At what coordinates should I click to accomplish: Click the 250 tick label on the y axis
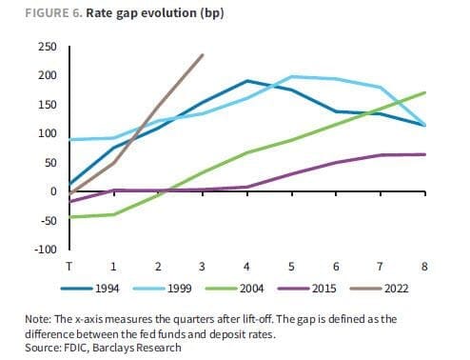pyautogui.click(x=48, y=47)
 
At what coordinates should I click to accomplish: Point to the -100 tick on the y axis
pyautogui.click(x=46, y=250)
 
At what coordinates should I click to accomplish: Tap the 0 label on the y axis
pyautogui.click(x=53, y=191)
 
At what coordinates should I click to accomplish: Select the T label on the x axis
pyautogui.click(x=69, y=266)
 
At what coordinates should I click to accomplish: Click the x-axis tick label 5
pyautogui.click(x=291, y=266)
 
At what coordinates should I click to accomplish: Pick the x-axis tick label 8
pyautogui.click(x=424, y=266)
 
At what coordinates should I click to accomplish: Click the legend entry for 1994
pyautogui.click(x=90, y=289)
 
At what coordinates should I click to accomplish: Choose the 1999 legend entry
pyautogui.click(x=163, y=289)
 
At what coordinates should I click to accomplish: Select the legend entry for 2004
pyautogui.click(x=235, y=289)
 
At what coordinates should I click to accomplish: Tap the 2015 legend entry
pyautogui.click(x=307, y=289)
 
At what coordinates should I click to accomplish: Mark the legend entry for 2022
pyautogui.click(x=380, y=289)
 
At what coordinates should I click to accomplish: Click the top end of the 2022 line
pyautogui.click(x=203, y=54)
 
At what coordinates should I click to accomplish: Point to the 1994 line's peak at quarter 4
pyautogui.click(x=247, y=81)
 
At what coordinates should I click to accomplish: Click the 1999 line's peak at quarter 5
pyautogui.click(x=291, y=76)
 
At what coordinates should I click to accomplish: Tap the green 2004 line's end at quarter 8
pyautogui.click(x=424, y=92)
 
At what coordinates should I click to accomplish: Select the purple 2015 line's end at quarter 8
pyautogui.click(x=424, y=154)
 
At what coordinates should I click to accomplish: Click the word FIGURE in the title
pyautogui.click(x=47, y=13)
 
